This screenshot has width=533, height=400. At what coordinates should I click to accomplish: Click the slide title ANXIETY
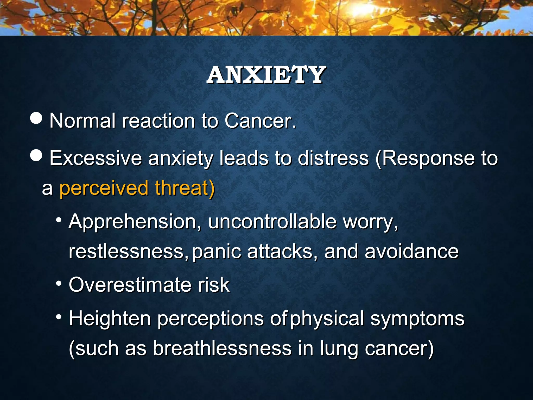(x=266, y=75)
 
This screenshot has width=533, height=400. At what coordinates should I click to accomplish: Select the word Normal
(x=82, y=121)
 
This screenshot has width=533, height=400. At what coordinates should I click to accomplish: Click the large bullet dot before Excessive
(x=36, y=155)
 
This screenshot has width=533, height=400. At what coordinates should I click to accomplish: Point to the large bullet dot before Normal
(x=36, y=118)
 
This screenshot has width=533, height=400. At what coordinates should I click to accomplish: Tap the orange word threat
(x=184, y=188)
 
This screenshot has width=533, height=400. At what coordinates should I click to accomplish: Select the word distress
(x=333, y=158)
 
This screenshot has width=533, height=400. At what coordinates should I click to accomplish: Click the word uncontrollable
(x=272, y=222)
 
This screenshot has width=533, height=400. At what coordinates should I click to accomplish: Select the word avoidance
(x=411, y=252)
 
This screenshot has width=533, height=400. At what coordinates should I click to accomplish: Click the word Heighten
(x=110, y=318)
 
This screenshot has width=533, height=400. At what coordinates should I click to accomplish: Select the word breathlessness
(x=222, y=348)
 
